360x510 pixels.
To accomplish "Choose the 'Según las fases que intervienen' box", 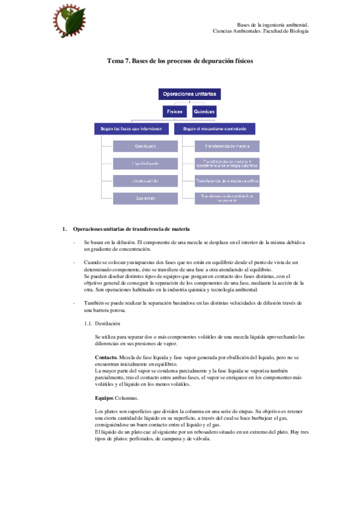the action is (132, 128).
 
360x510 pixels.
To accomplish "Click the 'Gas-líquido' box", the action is (145, 146).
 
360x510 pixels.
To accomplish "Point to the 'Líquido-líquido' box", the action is (145, 163).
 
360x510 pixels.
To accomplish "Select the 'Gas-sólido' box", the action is (145, 197).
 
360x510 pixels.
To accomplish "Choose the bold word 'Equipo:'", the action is (105, 398).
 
